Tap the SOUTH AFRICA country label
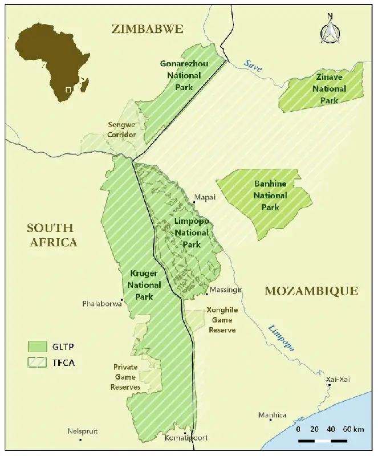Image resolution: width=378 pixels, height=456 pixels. [52, 235]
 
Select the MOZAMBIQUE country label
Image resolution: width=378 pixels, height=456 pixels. [311, 291]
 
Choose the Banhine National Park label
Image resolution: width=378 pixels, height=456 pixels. [270, 196]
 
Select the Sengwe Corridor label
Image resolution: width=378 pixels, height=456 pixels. [122, 129]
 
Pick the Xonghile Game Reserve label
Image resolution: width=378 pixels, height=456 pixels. [221, 321]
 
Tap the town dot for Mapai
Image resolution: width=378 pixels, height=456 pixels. [192, 198]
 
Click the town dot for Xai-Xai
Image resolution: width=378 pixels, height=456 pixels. [329, 385]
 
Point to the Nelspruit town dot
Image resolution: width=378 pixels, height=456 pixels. [80, 439]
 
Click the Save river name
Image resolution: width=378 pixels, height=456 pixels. [253, 66]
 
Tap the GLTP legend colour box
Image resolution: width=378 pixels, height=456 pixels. [38, 346]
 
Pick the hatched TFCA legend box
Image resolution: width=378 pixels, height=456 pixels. [38, 362]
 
